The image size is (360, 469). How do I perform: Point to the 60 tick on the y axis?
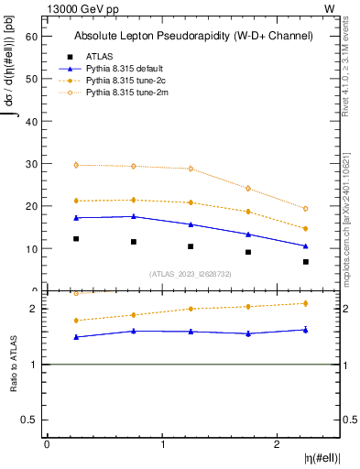[35, 36]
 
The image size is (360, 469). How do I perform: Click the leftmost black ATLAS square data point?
[76, 239]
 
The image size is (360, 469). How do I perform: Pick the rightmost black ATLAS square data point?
[306, 262]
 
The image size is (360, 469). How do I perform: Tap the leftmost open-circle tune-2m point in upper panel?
[76, 165]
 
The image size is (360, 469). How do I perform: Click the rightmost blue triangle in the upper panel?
[306, 245]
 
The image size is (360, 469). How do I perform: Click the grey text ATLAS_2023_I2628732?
[191, 273]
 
